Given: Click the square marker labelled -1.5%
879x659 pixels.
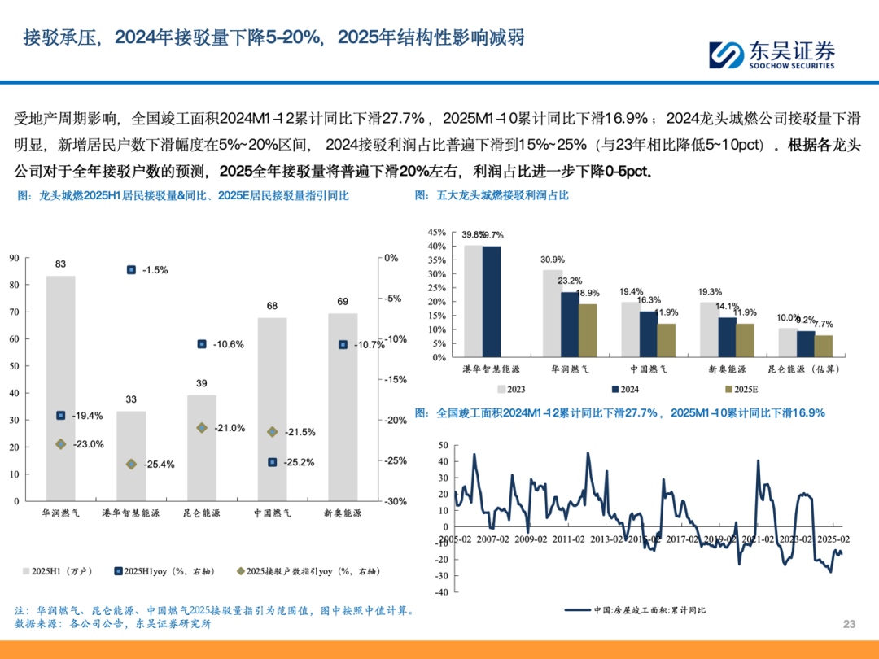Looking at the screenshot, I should coord(131,269).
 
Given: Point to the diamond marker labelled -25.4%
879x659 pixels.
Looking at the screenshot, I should coord(131,464).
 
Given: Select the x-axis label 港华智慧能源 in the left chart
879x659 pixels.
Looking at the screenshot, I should coord(131,514).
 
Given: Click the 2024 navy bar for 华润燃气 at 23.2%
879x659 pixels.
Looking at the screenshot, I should coord(571,324).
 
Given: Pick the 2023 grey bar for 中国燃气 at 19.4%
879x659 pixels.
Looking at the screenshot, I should coord(631,329).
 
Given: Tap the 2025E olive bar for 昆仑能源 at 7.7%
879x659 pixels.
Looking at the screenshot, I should coord(824,346).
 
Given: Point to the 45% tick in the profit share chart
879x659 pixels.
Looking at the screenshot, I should coord(436,232).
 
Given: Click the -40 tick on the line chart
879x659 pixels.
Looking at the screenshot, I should coord(444,592).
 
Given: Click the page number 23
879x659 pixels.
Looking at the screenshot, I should coord(850,624).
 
